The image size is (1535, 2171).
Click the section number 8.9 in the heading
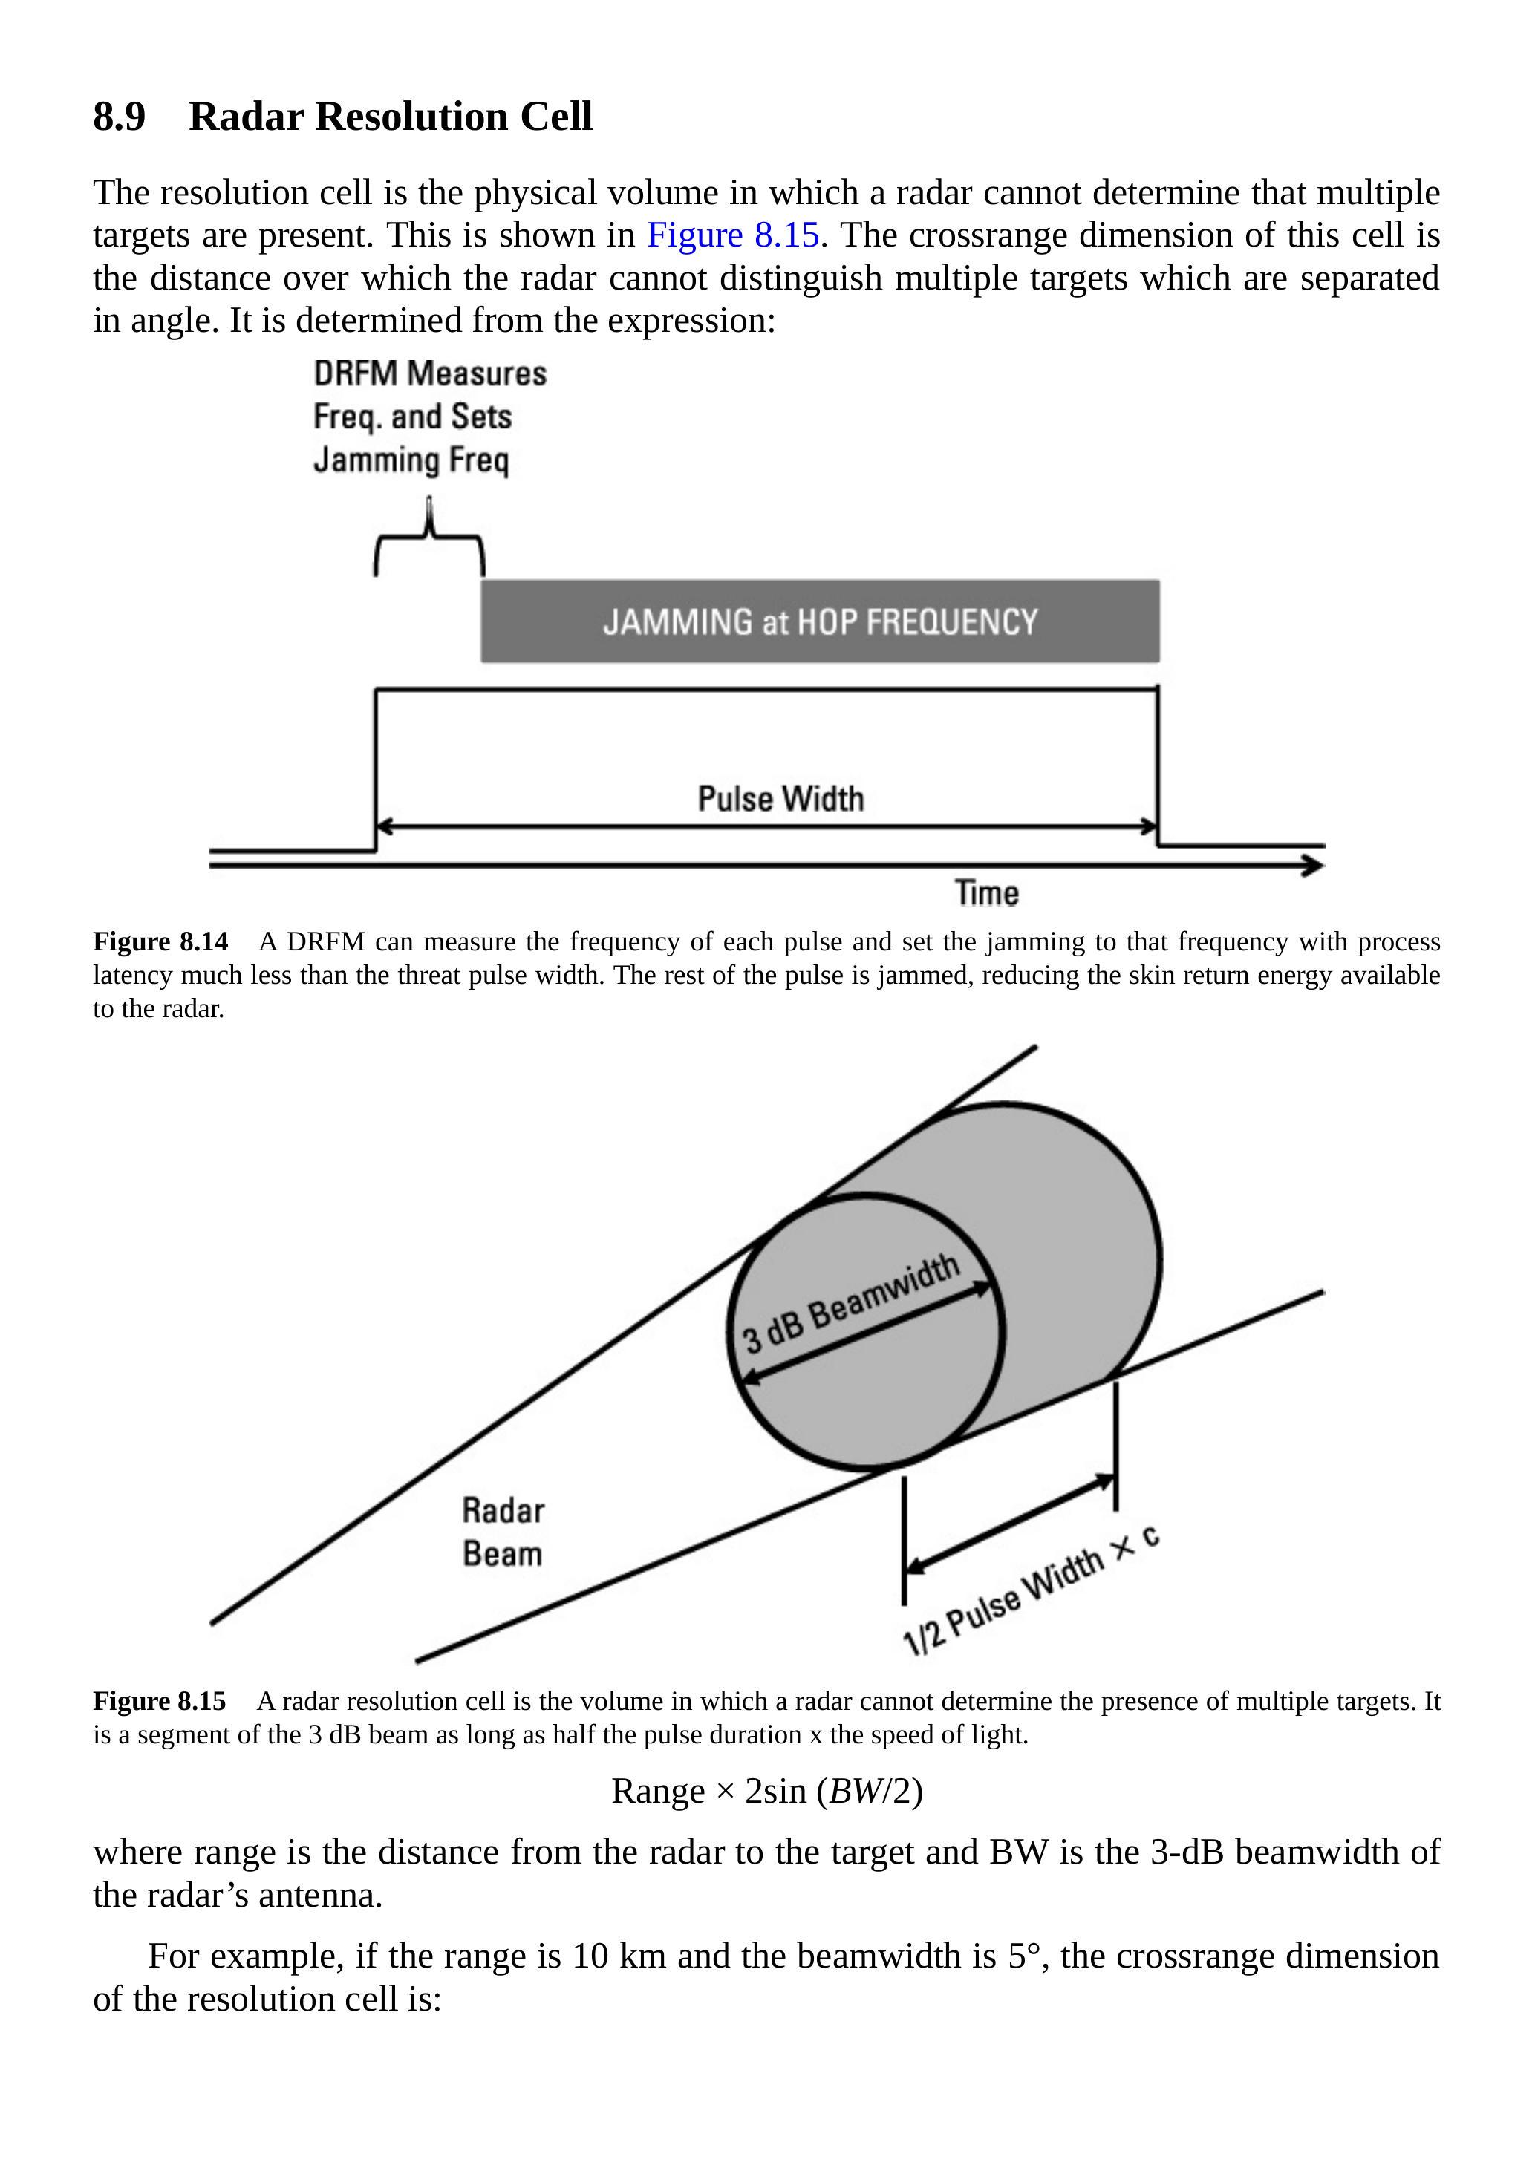click(119, 117)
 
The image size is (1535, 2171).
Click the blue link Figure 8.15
click(732, 235)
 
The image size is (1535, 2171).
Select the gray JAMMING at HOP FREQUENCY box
click(820, 621)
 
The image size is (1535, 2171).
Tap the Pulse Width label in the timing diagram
click(780, 799)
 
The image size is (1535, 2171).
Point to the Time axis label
click(986, 892)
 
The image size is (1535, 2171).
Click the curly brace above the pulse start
click(429, 543)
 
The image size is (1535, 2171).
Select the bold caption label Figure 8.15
click(159, 1701)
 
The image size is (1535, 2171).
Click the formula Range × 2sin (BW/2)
click(766, 1791)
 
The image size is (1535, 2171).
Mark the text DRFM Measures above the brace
click(429, 373)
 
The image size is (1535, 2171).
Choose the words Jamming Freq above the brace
click(411, 460)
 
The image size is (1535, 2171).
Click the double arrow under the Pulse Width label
click(767, 827)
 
